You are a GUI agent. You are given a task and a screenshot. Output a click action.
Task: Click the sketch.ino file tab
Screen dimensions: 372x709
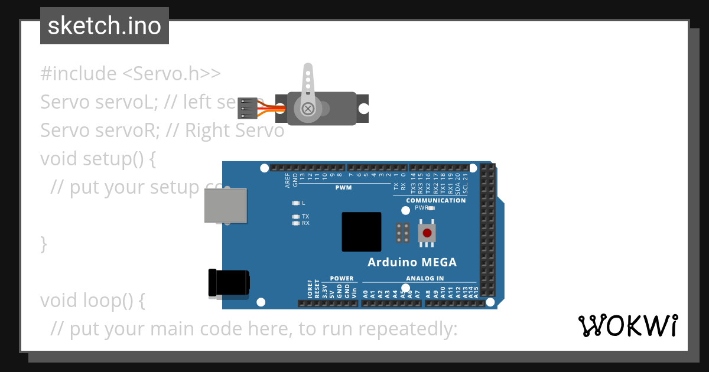105,26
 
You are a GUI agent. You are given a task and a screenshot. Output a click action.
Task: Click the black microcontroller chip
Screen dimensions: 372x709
362,232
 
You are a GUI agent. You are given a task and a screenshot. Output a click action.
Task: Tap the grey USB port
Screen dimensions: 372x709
225,205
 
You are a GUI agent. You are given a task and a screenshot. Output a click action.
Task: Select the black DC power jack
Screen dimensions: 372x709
229,283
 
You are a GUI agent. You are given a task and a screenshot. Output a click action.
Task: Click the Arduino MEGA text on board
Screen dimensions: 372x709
412,262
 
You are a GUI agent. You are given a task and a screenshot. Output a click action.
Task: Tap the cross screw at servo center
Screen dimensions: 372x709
308,109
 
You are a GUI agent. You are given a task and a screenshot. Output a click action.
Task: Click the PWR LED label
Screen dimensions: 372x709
421,208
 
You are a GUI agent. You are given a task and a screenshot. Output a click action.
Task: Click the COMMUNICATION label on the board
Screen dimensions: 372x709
435,200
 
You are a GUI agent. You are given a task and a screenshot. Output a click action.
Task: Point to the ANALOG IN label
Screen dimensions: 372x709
425,278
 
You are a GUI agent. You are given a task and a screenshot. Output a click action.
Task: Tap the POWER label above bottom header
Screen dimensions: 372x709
342,278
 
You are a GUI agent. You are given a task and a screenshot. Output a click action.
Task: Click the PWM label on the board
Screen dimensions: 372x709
343,187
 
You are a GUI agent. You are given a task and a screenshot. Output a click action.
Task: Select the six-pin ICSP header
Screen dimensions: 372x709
404,233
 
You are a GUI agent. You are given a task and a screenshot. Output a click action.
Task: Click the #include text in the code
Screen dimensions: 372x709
79,74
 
